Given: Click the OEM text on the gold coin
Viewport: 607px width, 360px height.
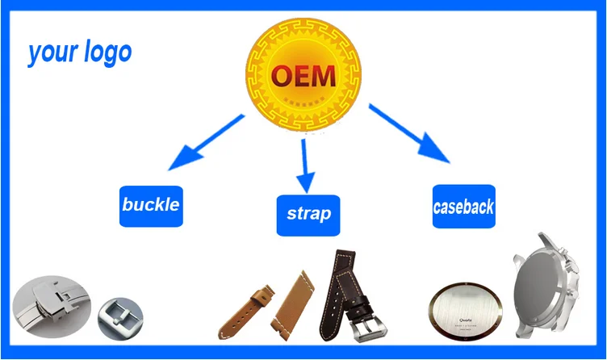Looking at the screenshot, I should tap(302, 76).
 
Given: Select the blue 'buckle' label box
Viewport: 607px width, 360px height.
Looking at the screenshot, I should tap(151, 205).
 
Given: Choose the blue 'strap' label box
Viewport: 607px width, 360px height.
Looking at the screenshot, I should tap(308, 214).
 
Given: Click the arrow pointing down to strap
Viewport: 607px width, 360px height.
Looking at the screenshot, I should tap(304, 165).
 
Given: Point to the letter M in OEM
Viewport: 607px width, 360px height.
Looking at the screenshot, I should tap(321, 76).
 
